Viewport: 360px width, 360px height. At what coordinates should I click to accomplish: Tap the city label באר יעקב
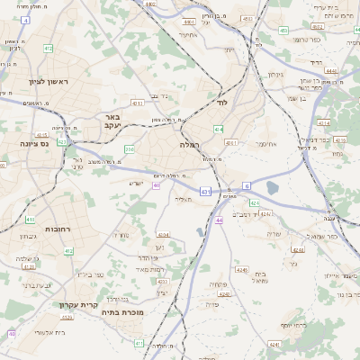point(111,122)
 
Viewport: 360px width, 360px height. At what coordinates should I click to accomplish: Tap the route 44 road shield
point(219,220)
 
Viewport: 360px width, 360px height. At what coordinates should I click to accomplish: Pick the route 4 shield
point(24,19)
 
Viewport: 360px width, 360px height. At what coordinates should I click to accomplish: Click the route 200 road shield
point(130,149)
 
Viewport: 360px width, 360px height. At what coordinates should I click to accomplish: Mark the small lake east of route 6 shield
point(273,188)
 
